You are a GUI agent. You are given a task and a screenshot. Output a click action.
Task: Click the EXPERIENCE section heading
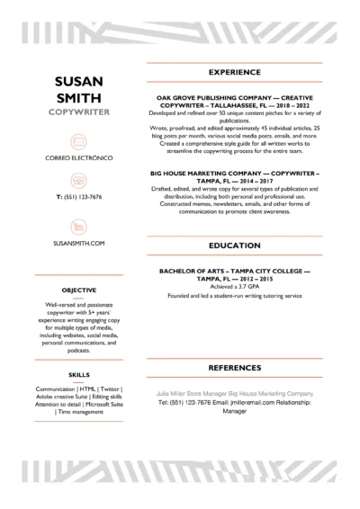click(234, 72)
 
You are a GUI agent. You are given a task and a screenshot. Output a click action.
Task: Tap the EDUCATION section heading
click(234, 244)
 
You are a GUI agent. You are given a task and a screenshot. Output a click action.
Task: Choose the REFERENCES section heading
click(234, 369)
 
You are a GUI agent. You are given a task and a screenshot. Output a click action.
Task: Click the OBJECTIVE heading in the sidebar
click(80, 290)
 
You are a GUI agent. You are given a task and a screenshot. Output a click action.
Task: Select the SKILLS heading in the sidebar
click(78, 373)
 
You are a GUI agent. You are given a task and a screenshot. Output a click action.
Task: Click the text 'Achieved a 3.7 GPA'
click(234, 287)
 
